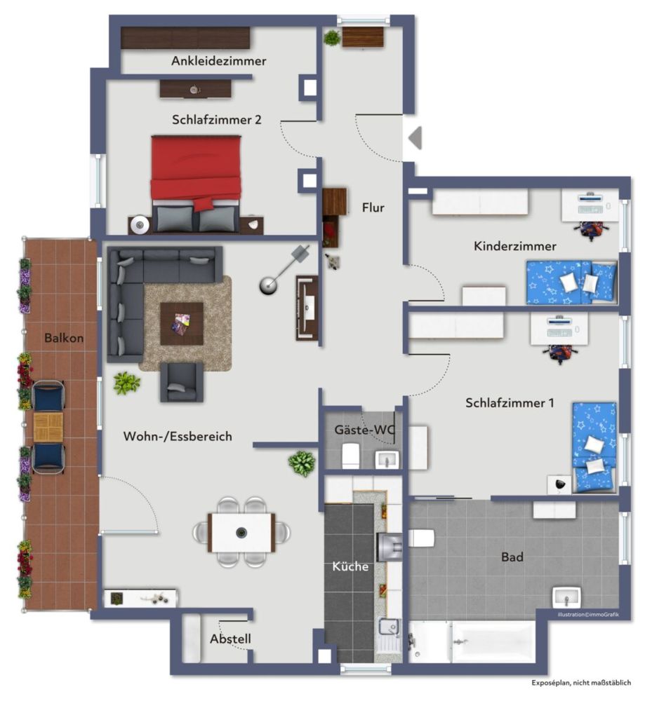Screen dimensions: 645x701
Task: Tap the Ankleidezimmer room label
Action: (x=218, y=61)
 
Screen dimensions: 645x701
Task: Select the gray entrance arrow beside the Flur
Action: (x=415, y=137)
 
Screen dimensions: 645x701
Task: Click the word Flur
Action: (x=373, y=207)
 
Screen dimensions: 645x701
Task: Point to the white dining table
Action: (x=241, y=533)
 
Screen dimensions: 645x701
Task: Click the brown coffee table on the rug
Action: (x=182, y=324)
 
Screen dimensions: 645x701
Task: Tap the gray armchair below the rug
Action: (x=182, y=382)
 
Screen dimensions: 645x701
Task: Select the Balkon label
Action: (x=64, y=338)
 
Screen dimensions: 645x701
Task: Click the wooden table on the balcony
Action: (x=48, y=427)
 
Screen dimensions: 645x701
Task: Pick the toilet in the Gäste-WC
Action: (x=350, y=456)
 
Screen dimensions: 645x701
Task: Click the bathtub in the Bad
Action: (x=493, y=641)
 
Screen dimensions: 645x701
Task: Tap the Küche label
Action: (x=350, y=566)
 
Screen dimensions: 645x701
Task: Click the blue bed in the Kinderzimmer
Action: (x=571, y=283)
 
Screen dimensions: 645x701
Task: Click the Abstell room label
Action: (x=230, y=639)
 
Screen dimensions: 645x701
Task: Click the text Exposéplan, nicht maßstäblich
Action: (x=581, y=683)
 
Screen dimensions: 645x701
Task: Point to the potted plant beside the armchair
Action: (x=127, y=383)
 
